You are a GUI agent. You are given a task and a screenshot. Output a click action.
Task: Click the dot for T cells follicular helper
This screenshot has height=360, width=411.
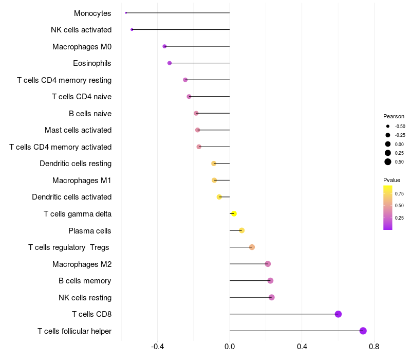click(363, 331)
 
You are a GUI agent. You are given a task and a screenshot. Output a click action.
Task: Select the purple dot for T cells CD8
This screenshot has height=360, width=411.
click(338, 314)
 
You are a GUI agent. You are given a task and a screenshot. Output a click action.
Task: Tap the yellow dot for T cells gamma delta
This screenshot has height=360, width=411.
click(234, 213)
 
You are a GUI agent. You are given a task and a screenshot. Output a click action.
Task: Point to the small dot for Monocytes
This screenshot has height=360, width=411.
click(126, 13)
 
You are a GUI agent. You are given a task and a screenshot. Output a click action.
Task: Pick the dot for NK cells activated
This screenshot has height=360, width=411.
click(132, 30)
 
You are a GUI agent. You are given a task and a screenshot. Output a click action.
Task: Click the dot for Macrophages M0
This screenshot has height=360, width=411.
click(164, 46)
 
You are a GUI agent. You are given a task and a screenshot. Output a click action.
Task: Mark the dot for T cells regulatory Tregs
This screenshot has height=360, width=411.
click(252, 247)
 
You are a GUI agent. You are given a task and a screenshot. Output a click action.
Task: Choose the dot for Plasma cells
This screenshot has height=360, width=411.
click(242, 230)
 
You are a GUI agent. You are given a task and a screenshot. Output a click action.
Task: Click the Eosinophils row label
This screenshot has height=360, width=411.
click(92, 63)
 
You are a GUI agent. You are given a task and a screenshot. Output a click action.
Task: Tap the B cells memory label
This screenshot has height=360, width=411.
click(85, 281)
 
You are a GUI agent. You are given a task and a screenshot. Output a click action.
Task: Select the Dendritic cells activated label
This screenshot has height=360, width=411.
click(72, 197)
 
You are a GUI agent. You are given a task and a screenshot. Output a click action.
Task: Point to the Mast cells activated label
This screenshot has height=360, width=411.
click(78, 130)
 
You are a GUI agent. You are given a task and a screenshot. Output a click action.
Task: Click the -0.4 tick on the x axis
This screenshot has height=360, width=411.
click(158, 347)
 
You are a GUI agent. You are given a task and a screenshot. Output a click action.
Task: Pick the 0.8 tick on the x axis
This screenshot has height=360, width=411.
click(374, 347)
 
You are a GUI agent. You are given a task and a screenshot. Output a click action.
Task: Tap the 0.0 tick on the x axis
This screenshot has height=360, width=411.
click(230, 347)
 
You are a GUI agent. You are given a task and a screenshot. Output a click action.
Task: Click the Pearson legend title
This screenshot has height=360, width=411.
click(394, 116)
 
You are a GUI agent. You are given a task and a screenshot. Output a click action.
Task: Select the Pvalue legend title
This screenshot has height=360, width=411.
click(391, 180)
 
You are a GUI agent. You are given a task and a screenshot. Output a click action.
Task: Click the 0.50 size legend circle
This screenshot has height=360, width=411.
click(388, 162)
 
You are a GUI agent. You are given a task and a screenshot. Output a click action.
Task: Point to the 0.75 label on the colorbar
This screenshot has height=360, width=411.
click(399, 194)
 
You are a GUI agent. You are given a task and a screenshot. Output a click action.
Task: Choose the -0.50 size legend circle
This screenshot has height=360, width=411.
click(388, 126)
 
